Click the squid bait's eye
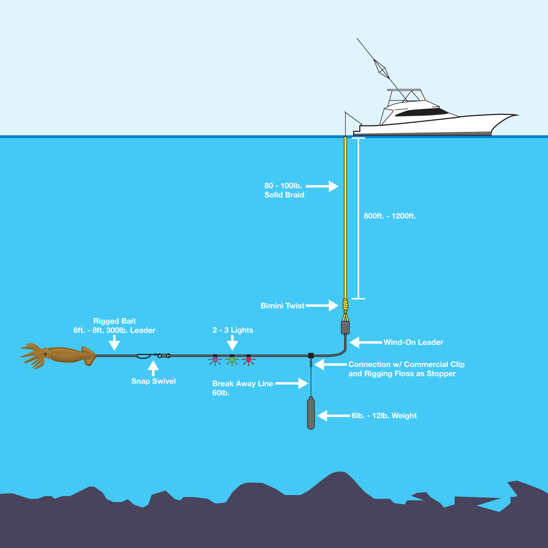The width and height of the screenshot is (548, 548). [45, 354]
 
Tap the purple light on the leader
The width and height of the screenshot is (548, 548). [215, 359]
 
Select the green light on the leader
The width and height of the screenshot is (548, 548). [232, 359]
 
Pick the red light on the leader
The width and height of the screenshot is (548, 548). [249, 359]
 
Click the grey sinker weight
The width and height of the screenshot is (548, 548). [311, 413]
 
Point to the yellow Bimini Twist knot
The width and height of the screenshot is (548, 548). [345, 306]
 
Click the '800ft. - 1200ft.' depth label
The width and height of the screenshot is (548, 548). [390, 216]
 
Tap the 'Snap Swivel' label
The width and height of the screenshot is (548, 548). [153, 381]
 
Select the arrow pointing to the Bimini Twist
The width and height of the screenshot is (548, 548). [322, 306]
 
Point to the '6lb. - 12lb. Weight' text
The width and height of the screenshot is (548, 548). [384, 416]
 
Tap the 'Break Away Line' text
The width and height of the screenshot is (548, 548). [243, 384]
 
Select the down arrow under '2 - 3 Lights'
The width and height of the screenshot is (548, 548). [232, 343]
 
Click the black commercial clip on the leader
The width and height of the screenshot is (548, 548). [311, 355]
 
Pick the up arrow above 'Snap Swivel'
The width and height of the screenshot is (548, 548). [153, 369]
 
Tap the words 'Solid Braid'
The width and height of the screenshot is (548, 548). [284, 195]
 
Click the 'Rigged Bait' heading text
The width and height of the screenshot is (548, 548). [115, 321]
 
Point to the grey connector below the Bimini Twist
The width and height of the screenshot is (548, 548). [345, 328]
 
